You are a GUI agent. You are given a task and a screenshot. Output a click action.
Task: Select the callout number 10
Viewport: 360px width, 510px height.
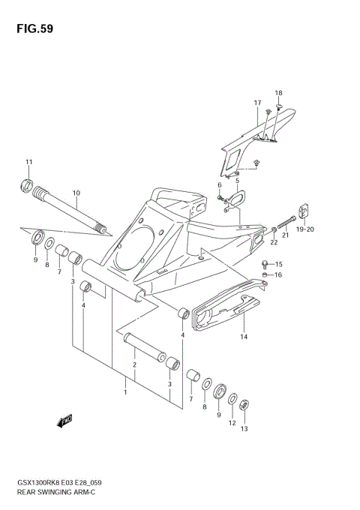pyautogui.click(x=76, y=193)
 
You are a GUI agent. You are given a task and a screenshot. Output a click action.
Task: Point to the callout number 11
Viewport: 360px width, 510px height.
pyautogui.click(x=29, y=163)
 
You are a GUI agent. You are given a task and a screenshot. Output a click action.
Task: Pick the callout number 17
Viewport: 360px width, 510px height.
pyautogui.click(x=256, y=103)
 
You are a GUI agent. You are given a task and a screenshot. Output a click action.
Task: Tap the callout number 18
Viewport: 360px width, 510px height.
pyautogui.click(x=278, y=93)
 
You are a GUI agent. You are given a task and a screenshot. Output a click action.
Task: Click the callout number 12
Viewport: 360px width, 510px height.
pyautogui.click(x=232, y=422)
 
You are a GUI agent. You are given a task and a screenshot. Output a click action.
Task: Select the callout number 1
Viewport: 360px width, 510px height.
pyautogui.click(x=126, y=391)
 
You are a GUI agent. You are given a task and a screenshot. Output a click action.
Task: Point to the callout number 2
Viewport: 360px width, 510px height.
pyautogui.click(x=134, y=365)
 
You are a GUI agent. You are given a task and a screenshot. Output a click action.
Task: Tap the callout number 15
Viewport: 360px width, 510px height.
pyautogui.click(x=278, y=264)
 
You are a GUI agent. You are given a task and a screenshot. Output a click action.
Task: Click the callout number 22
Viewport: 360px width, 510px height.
pyautogui.click(x=274, y=241)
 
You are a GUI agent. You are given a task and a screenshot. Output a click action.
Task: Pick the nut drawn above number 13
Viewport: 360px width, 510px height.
pyautogui.click(x=244, y=405)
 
